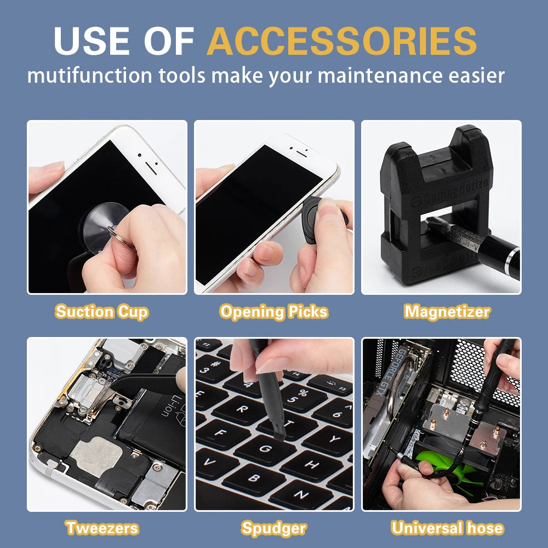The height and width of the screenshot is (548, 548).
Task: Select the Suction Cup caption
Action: coord(102,312)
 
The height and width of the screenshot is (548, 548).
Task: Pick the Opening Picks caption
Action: coord(273,312)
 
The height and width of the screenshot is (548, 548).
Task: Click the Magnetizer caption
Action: coord(447,312)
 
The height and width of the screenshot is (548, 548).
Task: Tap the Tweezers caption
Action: coord(102,528)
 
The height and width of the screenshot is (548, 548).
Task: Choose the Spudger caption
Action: coord(273,528)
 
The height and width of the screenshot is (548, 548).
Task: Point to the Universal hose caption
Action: coord(447,528)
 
